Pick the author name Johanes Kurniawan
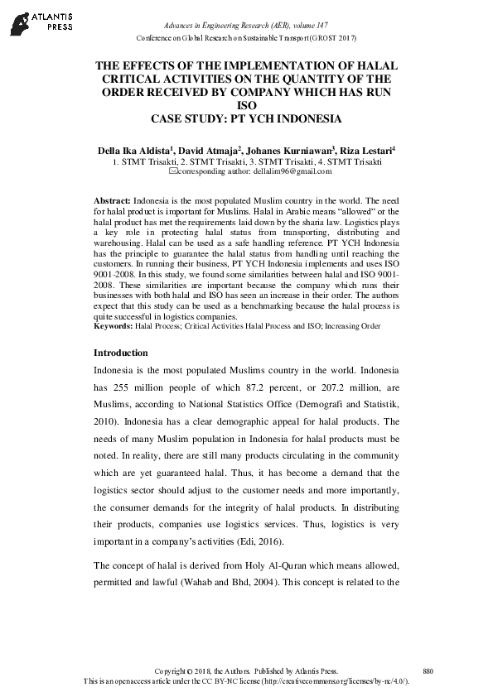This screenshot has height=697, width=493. click(x=288, y=150)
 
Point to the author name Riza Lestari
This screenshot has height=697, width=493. click(x=365, y=150)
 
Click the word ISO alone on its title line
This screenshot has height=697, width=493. click(x=246, y=105)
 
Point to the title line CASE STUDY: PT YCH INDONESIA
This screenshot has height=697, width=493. click(x=246, y=118)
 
